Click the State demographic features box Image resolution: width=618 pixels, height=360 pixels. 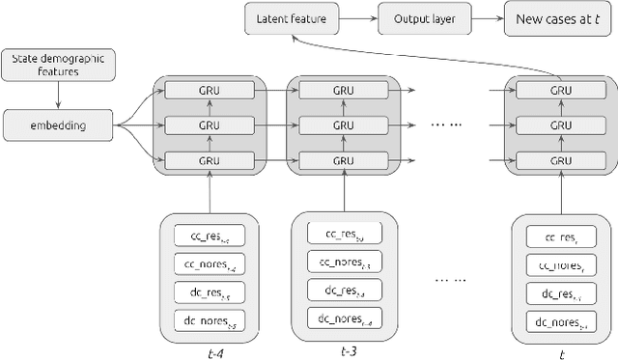click(x=57, y=65)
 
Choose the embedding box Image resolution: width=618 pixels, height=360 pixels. click(x=57, y=124)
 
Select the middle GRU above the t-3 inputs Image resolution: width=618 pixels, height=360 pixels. click(x=341, y=124)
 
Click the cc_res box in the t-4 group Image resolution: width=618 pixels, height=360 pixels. click(x=210, y=235)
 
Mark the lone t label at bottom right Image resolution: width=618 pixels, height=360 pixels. click(x=561, y=353)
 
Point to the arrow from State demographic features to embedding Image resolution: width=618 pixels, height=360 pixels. click(x=57, y=94)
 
